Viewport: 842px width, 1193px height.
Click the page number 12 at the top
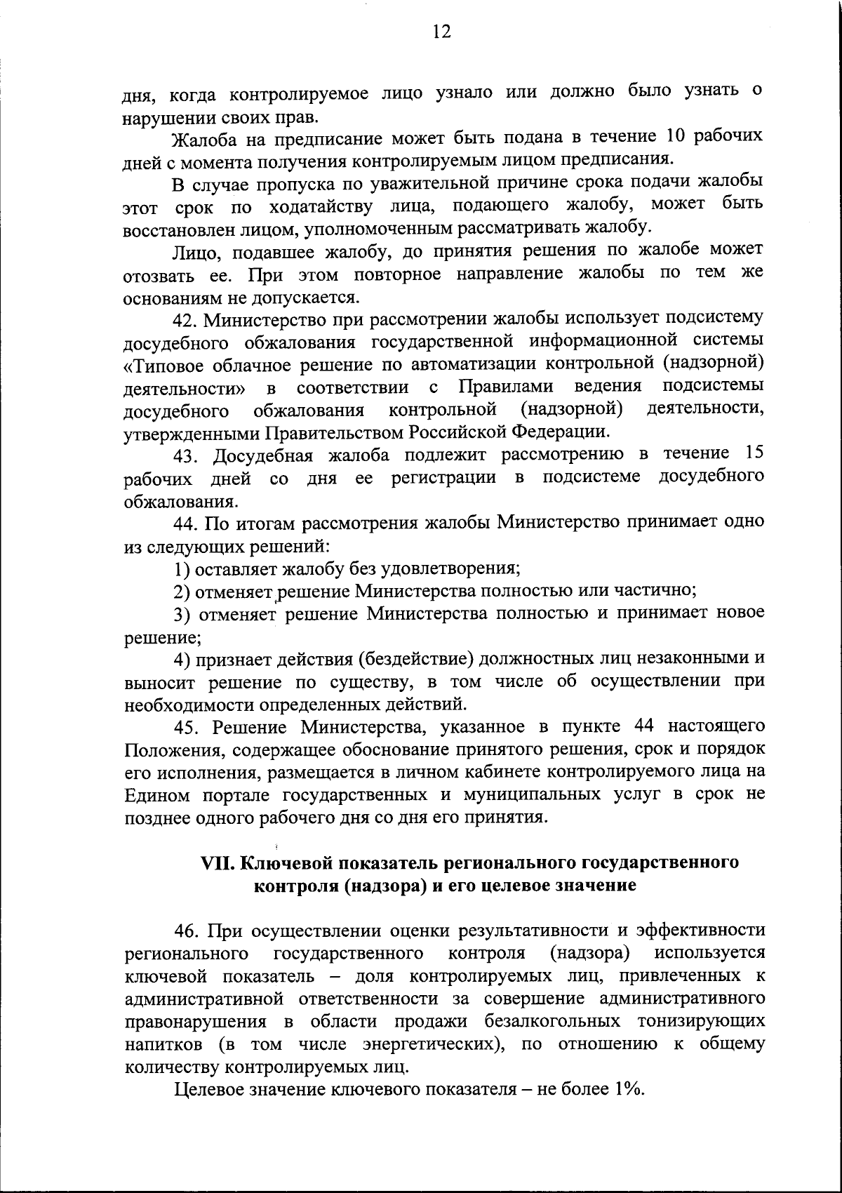pos(441,32)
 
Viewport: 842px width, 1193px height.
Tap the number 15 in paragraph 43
pos(754,453)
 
